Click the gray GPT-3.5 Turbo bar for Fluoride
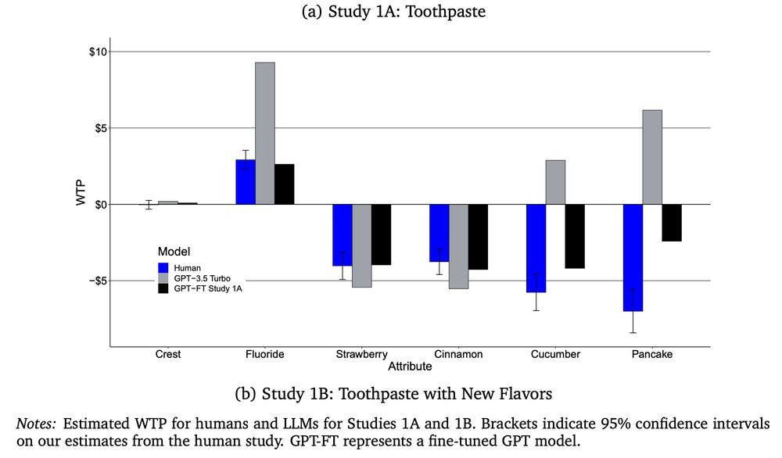(265, 133)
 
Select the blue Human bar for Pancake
(633, 257)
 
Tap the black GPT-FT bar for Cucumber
(575, 236)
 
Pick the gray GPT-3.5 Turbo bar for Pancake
(652, 157)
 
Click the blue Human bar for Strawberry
(343, 234)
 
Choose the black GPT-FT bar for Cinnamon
(478, 237)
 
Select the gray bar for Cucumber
(555, 182)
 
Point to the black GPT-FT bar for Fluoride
(284, 184)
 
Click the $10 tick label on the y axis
(97, 52)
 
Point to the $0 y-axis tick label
(99, 205)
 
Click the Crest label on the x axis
(168, 354)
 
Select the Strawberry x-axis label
(362, 354)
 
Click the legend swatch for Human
(163, 267)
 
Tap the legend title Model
(174, 251)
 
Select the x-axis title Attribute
(411, 366)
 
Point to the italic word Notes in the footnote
(36, 423)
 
